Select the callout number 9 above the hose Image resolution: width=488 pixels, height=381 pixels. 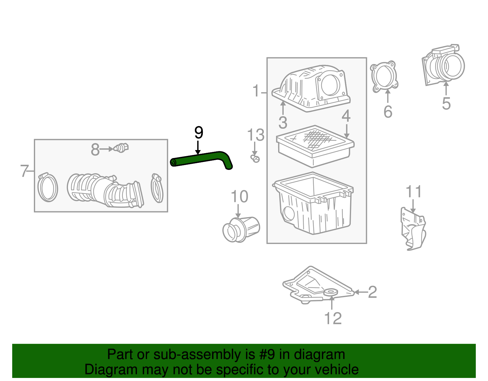[199, 133]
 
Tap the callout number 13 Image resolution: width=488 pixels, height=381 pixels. [256, 135]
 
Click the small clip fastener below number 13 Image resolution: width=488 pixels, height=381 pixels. [255, 158]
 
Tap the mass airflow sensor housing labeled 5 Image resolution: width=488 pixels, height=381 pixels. [444, 66]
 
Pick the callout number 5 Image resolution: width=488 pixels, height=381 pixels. [446, 104]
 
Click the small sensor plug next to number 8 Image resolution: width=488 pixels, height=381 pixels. [121, 148]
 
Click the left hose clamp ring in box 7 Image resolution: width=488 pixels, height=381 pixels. [48, 188]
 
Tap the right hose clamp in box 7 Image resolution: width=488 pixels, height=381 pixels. [157, 188]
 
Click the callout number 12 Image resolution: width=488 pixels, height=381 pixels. [333, 318]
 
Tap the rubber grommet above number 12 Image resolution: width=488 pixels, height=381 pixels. [331, 292]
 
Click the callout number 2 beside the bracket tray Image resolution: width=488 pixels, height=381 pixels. [372, 292]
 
